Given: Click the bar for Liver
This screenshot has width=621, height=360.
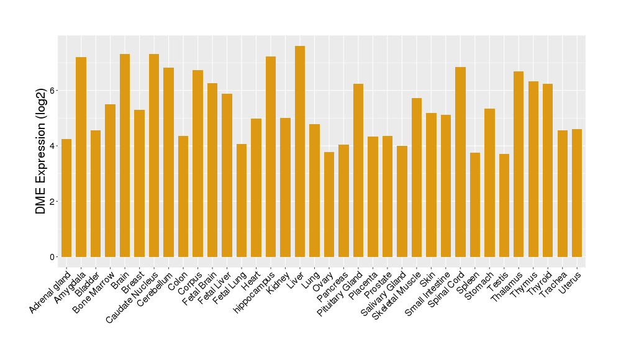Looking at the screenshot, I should (x=300, y=151).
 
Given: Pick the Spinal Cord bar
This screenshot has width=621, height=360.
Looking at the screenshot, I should (x=460, y=162).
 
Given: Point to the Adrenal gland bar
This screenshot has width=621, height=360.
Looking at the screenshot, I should (x=66, y=198).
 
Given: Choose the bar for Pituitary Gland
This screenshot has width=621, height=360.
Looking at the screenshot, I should (x=358, y=170).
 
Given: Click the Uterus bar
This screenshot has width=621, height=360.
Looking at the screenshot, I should (x=577, y=193).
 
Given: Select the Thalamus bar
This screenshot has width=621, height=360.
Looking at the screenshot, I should (x=519, y=164).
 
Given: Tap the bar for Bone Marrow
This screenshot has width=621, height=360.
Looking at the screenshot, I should (x=110, y=181).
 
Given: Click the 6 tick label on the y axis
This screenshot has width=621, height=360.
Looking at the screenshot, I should (x=53, y=91).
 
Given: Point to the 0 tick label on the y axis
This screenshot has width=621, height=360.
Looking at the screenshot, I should (x=53, y=257).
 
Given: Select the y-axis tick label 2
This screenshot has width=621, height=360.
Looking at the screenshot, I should (x=53, y=202).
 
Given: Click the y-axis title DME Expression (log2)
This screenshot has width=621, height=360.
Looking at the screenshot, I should (x=41, y=151).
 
